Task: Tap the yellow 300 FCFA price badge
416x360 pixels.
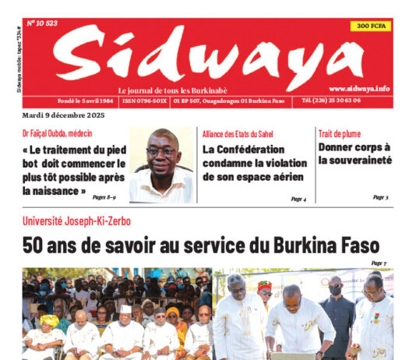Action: pyautogui.click(x=373, y=26)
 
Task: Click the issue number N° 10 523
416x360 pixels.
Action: pyautogui.click(x=43, y=23)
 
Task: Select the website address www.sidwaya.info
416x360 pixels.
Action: pyautogui.click(x=359, y=89)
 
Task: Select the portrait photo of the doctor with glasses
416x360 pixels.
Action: pyautogui.click(x=161, y=164)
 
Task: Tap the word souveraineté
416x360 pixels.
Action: pyautogui.click(x=355, y=161)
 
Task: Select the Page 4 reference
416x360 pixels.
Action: pyautogui.click(x=298, y=199)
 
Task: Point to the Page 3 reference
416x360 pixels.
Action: pyautogui.click(x=380, y=198)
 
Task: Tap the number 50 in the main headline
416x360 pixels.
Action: pyautogui.click(x=33, y=247)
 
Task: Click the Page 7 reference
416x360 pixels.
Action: pyautogui.click(x=379, y=263)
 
